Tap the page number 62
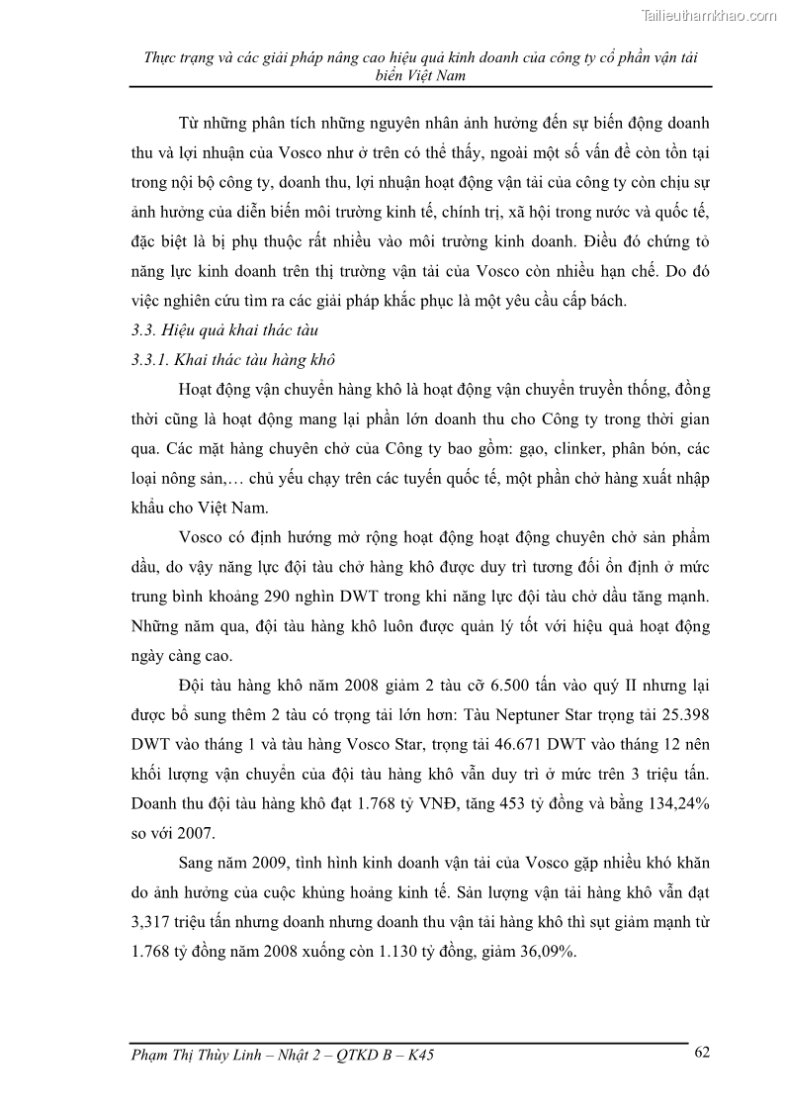click(702, 1052)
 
